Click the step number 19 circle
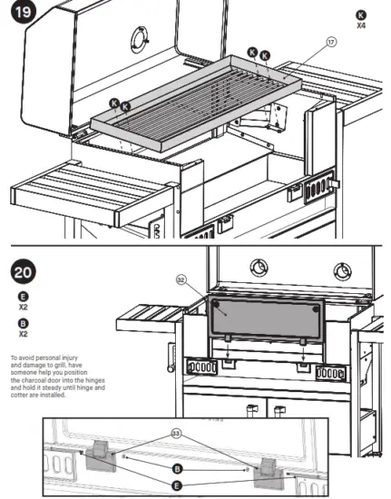[x=15, y=15]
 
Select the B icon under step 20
[x=23, y=323]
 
